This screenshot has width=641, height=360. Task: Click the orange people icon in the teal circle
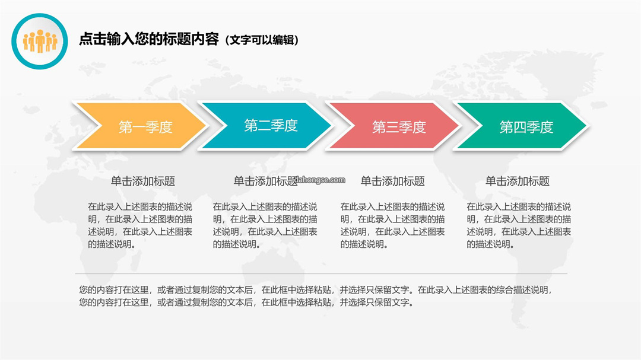coord(40,42)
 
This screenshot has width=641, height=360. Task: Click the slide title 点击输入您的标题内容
coord(149,39)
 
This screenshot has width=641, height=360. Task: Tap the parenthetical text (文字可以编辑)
coord(262,40)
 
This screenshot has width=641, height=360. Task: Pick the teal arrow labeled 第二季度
coord(266,126)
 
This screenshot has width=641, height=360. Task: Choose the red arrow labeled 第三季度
coord(394,126)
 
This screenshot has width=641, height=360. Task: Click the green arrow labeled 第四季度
coord(521,126)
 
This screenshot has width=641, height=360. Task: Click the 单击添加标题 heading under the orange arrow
coord(143,181)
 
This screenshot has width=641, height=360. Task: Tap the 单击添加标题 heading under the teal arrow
coord(265,181)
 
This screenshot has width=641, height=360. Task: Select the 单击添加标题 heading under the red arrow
coord(392,181)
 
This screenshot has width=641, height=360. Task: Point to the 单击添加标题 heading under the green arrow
coord(518,181)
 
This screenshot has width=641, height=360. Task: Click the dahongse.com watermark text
coord(320,180)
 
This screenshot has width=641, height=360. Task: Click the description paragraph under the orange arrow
coord(140,225)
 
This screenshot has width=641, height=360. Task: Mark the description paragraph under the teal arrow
coord(265,225)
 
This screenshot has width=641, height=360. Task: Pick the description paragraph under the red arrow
coord(392,225)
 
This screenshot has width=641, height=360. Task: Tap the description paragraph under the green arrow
coord(519,225)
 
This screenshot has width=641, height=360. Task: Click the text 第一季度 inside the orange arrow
coord(145,127)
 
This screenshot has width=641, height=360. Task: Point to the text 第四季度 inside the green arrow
coord(526,127)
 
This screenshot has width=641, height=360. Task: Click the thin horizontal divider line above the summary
coord(321,274)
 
